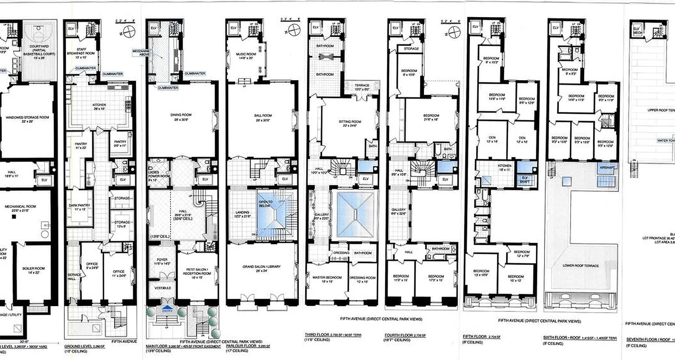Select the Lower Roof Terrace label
pos(581,266)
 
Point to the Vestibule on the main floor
pos(161,288)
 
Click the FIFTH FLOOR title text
pos(475,336)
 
